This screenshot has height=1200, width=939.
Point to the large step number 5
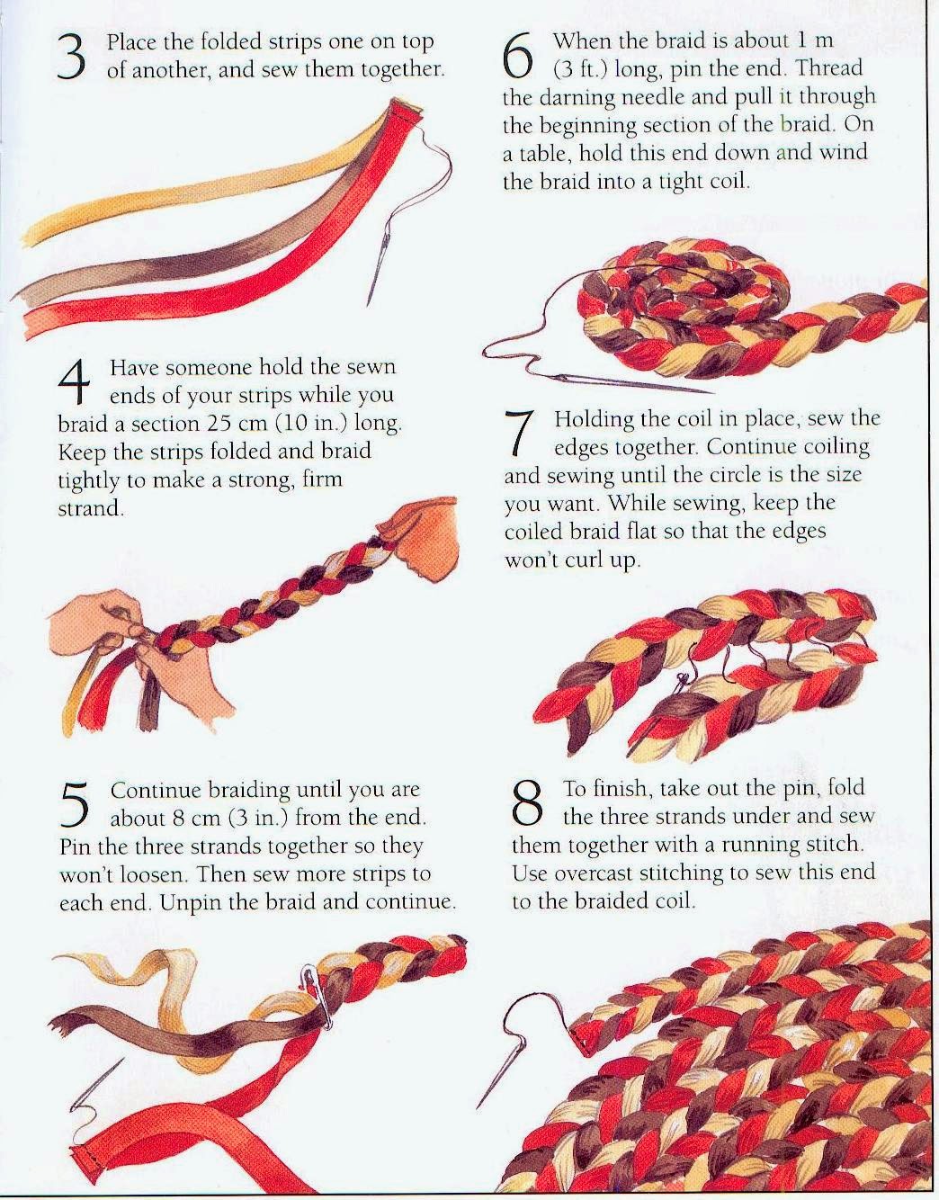tap(76, 803)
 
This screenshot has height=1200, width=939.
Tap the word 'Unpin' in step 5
tap(192, 902)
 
